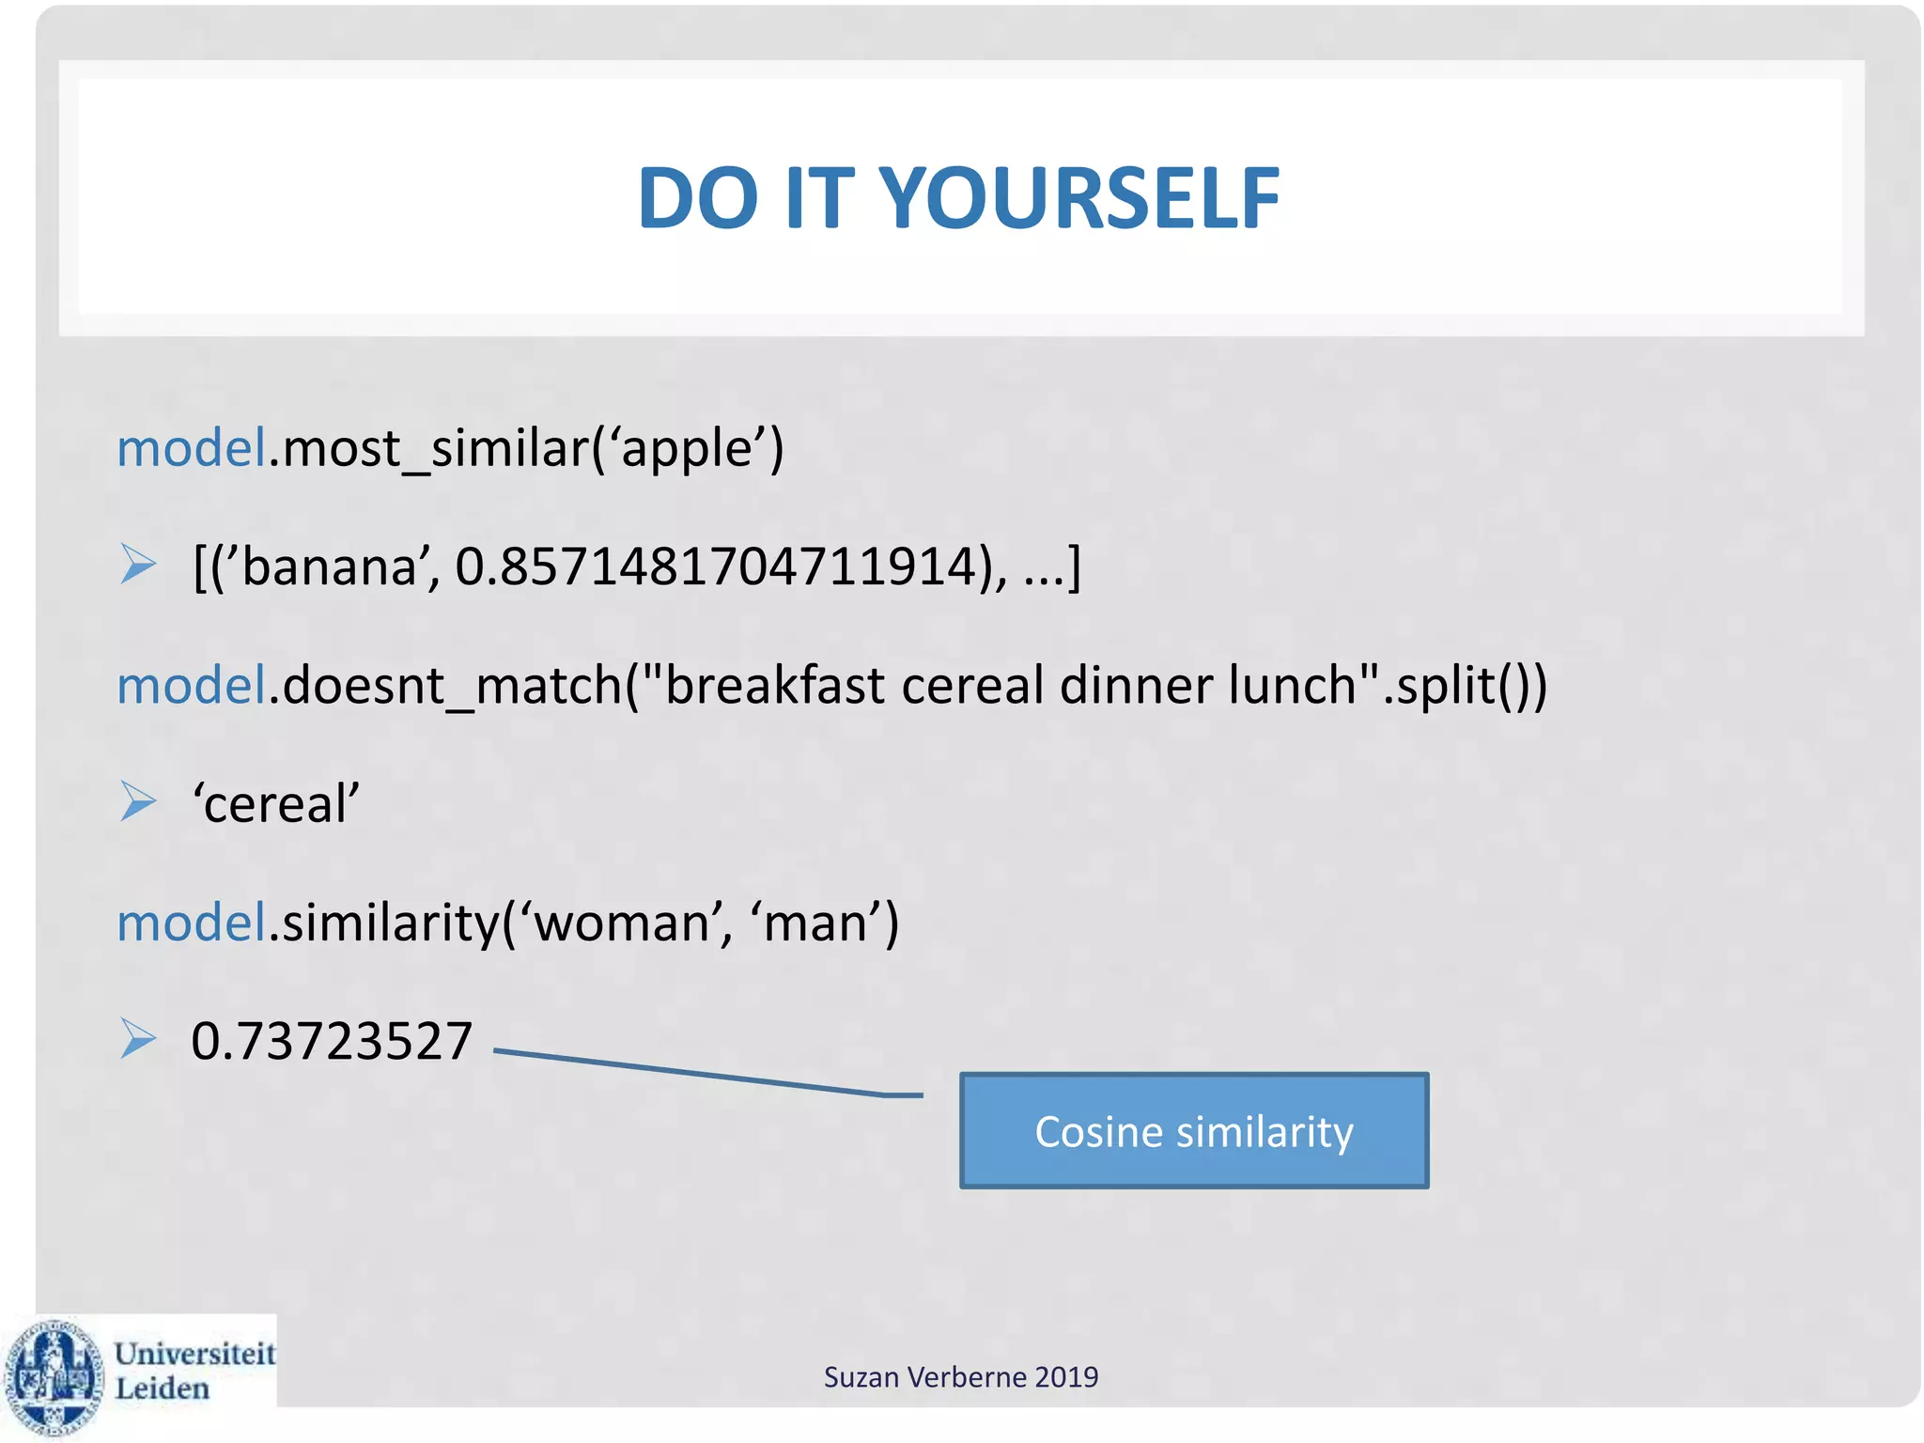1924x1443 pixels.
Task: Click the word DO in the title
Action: point(697,198)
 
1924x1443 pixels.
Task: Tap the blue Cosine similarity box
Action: point(1193,1130)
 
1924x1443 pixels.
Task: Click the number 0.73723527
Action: point(331,1041)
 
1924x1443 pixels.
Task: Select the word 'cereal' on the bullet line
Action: point(276,804)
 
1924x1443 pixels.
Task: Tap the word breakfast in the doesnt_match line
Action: point(775,685)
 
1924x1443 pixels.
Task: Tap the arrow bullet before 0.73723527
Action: point(138,1039)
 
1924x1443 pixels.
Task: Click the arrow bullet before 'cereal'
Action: point(138,801)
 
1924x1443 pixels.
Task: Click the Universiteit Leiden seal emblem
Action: point(54,1376)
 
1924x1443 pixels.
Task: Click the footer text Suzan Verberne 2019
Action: point(960,1377)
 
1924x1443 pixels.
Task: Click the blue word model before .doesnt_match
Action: point(192,685)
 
